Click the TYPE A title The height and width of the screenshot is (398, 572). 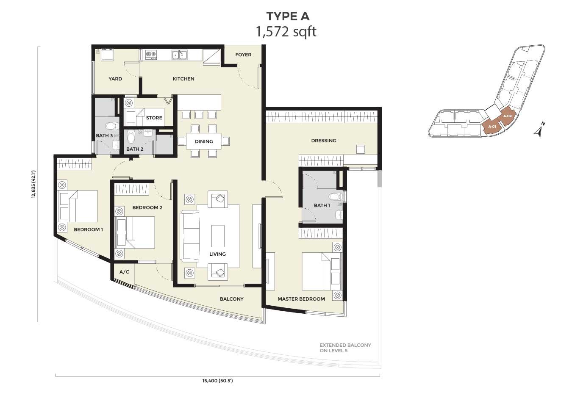coord(288,17)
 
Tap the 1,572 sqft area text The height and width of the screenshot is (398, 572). coord(286,32)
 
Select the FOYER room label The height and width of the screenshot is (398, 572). coord(243,55)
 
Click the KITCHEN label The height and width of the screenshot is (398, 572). coord(183,79)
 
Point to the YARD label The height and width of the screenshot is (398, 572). coord(115,79)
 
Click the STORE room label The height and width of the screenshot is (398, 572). coord(154,118)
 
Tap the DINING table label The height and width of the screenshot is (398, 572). coord(204,141)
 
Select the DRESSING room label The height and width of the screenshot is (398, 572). coord(324,141)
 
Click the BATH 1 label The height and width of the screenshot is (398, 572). coord(322,205)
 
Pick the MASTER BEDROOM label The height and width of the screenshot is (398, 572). coord(301,299)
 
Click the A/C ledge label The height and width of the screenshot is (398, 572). coord(124,272)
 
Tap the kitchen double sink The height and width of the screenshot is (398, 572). coord(180,55)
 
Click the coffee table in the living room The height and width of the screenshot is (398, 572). coord(218,236)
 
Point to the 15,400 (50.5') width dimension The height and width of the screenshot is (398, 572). coord(217,381)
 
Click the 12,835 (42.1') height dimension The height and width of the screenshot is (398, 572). coord(33,185)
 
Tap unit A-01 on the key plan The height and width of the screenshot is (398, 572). coord(492,127)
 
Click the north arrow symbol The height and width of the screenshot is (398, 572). coord(539,130)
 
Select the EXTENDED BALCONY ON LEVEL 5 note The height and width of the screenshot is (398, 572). coord(345,348)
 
